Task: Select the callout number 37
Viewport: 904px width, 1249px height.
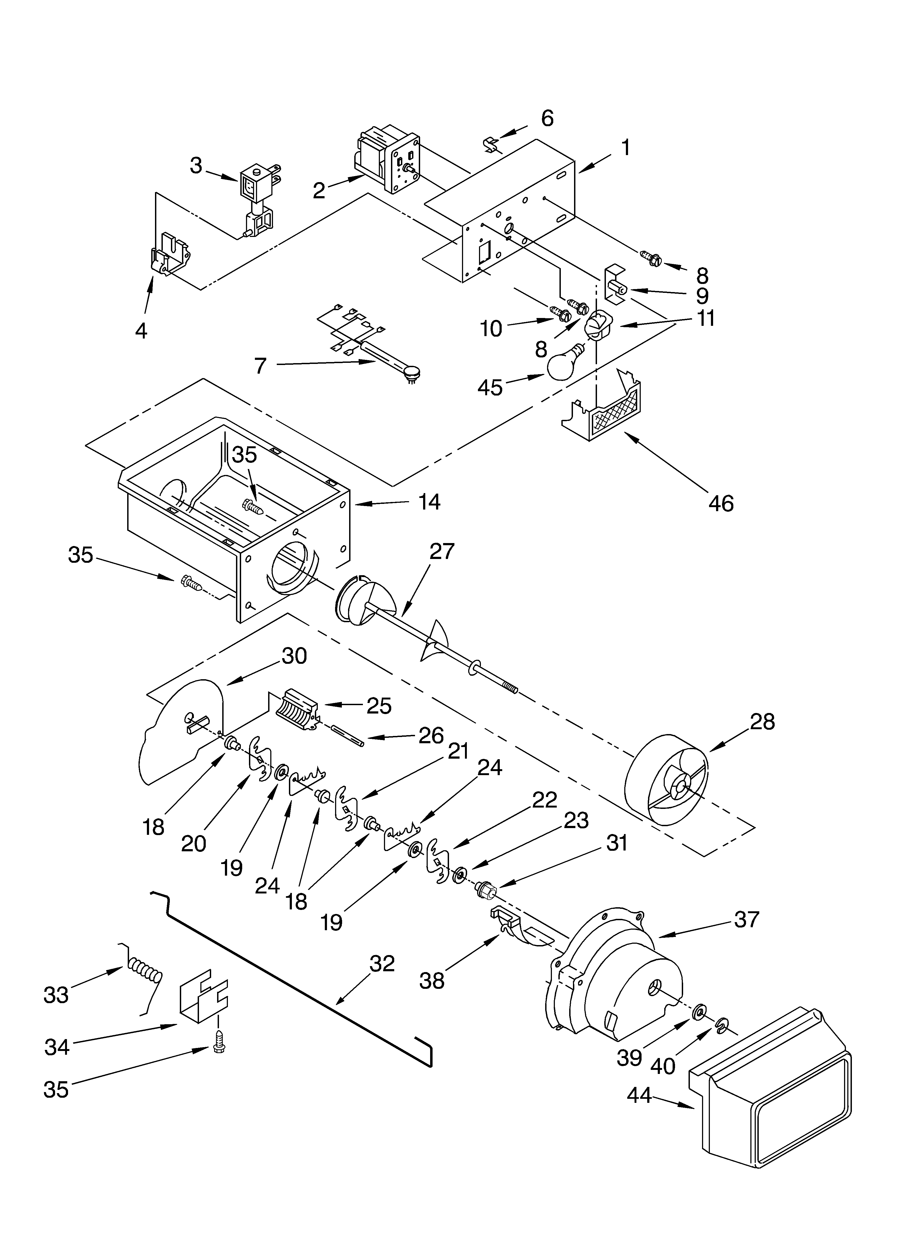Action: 747,919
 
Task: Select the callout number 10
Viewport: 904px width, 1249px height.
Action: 491,329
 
